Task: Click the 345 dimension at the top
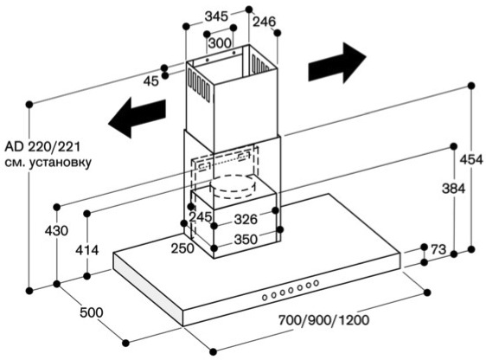pos(216,16)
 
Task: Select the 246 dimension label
pos(264,22)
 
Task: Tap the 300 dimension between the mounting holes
pos(220,43)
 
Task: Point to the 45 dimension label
pos(151,81)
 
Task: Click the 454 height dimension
pos(471,160)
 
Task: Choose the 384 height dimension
pos(453,189)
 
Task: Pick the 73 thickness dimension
pos(438,249)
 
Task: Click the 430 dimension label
pos(56,231)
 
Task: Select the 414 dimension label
pos(87,250)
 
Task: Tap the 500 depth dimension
pos(92,312)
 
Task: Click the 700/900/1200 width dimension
pos(324,320)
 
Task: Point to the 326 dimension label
pos(246,219)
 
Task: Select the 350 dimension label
pos(246,239)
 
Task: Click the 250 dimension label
pos(182,247)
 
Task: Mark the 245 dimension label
pos(201,216)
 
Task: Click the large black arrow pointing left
pos(137,118)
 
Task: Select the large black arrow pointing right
pos(337,63)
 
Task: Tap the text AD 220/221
pos(42,146)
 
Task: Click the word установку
pos(61,163)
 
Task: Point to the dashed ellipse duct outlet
pos(233,187)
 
